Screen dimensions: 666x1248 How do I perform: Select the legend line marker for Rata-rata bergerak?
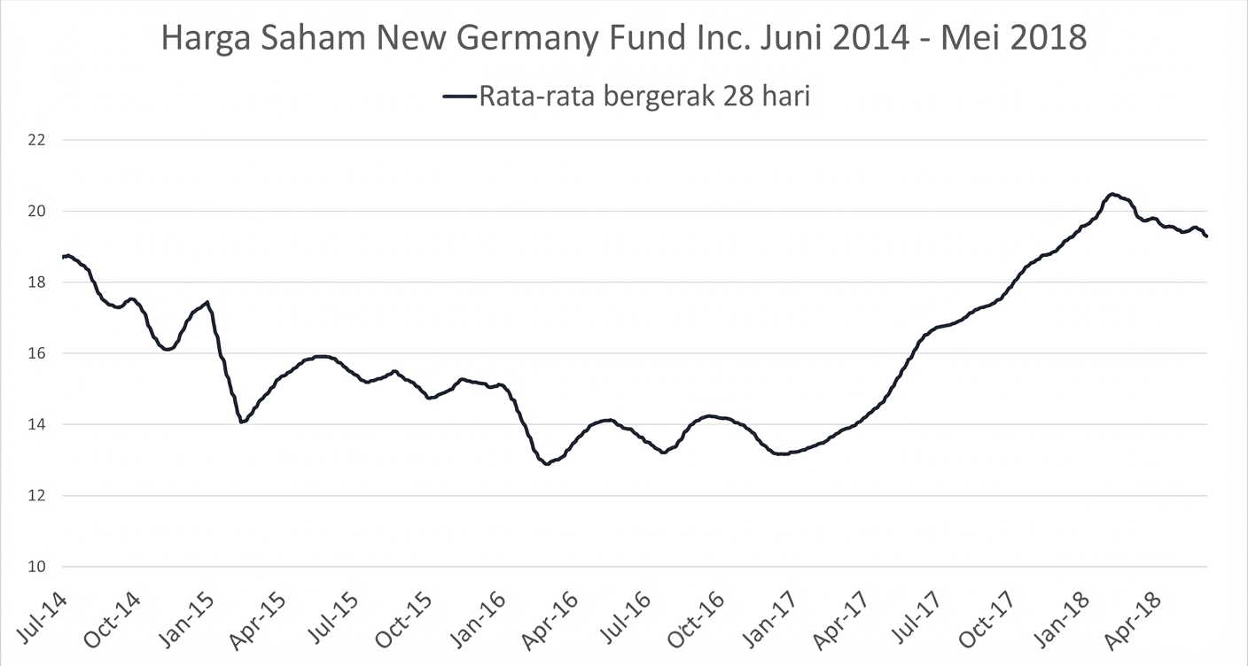pos(458,96)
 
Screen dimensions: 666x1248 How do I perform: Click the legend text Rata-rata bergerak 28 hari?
pos(644,96)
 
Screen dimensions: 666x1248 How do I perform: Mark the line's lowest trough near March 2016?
pos(546,463)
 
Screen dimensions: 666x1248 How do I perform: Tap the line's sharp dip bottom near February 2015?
pos(241,422)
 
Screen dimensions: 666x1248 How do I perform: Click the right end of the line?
pos(1207,236)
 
